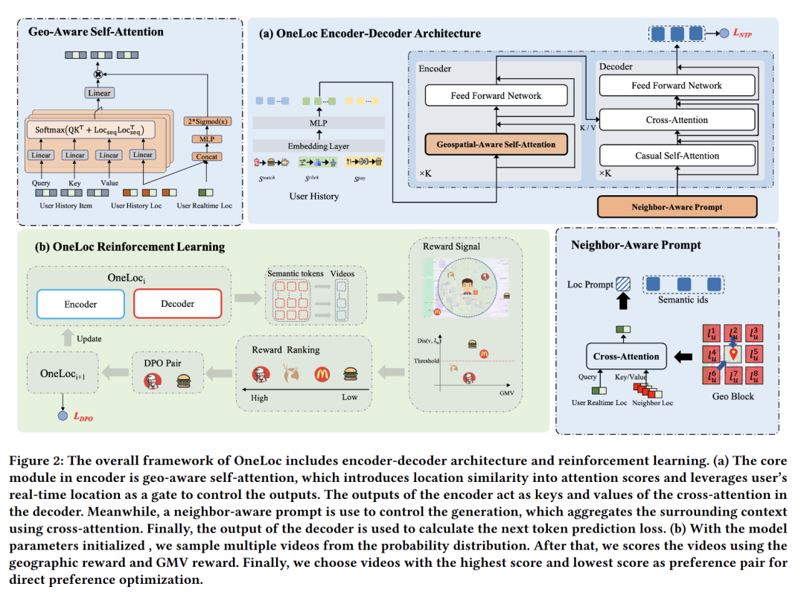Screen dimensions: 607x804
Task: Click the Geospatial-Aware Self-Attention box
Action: pyautogui.click(x=496, y=144)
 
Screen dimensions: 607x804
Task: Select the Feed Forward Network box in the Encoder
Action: pyautogui.click(x=496, y=95)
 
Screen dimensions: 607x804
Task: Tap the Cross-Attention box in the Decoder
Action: pyautogui.click(x=676, y=120)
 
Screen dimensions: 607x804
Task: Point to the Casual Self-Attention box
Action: pyautogui.click(x=676, y=156)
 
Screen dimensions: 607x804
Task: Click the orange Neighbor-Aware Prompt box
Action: pyautogui.click(x=677, y=206)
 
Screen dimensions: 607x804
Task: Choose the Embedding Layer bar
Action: pyautogui.click(x=319, y=146)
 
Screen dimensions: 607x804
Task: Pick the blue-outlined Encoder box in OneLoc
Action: pyautogui.click(x=81, y=304)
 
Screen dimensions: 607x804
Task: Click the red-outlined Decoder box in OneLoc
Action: pyautogui.click(x=177, y=304)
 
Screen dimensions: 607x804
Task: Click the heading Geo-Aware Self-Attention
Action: pyautogui.click(x=96, y=32)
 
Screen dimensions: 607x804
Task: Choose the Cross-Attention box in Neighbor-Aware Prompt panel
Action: pyautogui.click(x=626, y=356)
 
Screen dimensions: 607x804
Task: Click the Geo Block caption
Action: pyautogui.click(x=733, y=396)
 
